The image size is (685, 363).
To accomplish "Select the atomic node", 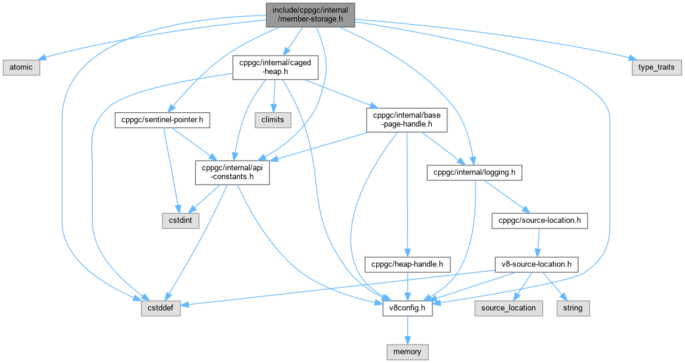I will [x=20, y=67].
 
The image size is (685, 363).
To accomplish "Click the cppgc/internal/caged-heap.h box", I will [x=275, y=67].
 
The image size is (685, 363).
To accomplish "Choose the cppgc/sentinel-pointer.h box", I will [x=162, y=120].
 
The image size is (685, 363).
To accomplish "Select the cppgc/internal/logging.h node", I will [x=475, y=173].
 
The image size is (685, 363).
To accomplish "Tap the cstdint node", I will [x=181, y=220].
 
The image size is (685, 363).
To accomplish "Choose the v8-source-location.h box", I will [x=536, y=263].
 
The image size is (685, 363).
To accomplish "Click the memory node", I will [x=407, y=352].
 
